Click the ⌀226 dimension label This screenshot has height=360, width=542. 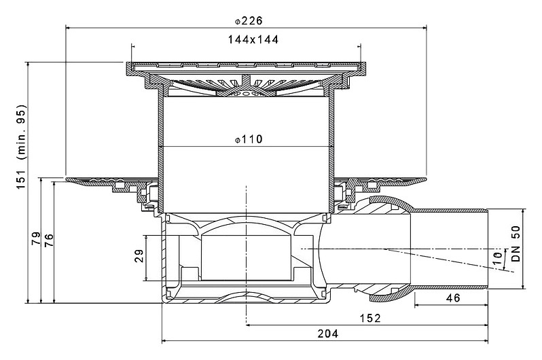tap(249, 21)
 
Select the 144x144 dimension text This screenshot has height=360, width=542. tap(253, 40)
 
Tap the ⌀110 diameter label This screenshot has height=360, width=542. tap(249, 139)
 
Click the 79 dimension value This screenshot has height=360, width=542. tap(36, 238)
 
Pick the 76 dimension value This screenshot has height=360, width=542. tap(49, 240)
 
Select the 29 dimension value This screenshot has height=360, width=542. tap(139, 256)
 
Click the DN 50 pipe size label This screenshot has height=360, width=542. tap(516, 243)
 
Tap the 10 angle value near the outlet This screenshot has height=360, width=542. tap(496, 258)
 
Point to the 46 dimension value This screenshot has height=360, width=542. tap(453, 298)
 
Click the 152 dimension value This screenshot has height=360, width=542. tap(370, 318)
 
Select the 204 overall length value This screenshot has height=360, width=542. tap(328, 334)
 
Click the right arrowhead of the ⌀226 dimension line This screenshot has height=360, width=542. tap(424, 27)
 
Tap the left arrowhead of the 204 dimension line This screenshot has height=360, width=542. tap(164, 341)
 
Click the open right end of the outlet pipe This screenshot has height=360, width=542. tap(488, 249)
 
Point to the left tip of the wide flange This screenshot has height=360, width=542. tap(66, 179)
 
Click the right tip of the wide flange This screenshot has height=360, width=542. tap(427, 179)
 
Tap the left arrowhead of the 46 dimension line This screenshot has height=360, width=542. tap(417, 306)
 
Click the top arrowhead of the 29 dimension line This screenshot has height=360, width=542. tap(147, 238)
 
